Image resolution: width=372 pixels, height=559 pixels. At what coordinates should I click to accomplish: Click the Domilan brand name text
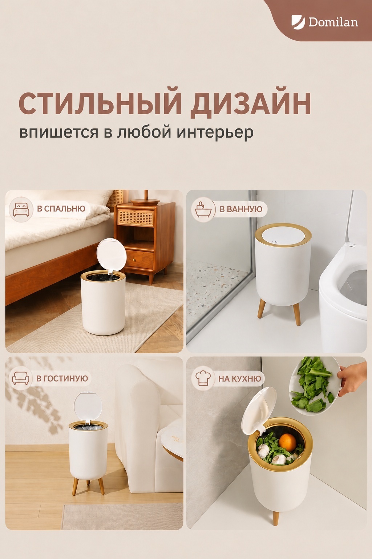(x=333, y=22)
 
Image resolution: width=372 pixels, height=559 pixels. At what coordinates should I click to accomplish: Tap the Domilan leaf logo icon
(x=298, y=21)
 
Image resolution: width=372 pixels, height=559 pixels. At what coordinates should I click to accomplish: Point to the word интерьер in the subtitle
(x=215, y=132)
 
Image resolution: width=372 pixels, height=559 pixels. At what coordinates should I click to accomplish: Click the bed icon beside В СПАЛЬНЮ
(x=21, y=210)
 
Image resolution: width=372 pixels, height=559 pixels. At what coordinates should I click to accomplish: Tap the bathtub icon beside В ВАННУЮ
(x=203, y=210)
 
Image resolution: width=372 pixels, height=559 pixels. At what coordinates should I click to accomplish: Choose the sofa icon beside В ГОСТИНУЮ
(x=21, y=378)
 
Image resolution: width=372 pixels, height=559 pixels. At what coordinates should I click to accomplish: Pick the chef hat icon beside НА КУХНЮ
(x=203, y=378)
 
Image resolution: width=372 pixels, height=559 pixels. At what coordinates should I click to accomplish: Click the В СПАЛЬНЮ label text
(x=61, y=209)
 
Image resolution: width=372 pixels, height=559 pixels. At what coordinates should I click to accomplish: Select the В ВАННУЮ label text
(x=241, y=209)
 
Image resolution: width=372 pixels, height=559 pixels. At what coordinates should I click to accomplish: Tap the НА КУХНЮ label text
(x=240, y=378)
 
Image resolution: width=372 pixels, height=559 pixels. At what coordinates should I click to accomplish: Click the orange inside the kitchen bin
(x=287, y=443)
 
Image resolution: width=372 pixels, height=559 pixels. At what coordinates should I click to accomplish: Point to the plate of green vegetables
(x=315, y=386)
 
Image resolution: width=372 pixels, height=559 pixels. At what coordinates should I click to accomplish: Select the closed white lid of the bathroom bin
(x=283, y=235)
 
